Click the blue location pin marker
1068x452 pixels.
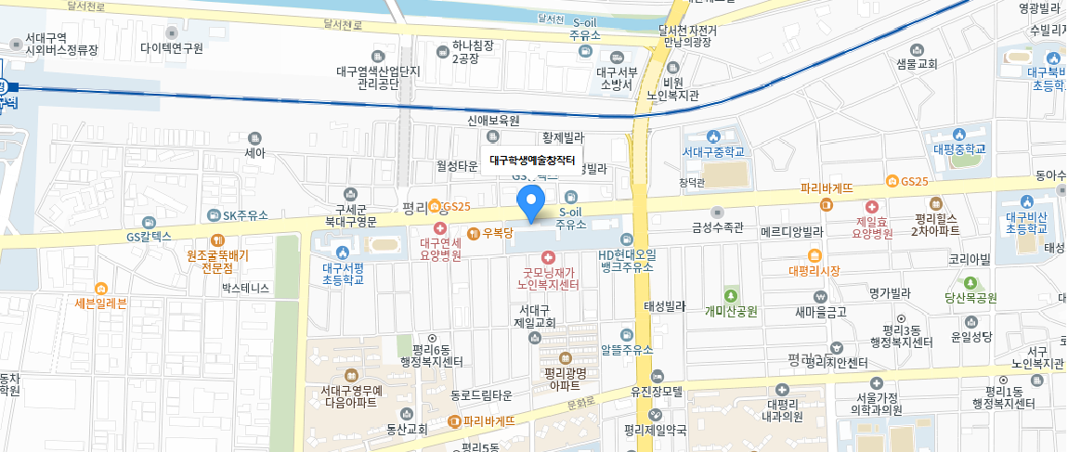(x=530, y=201)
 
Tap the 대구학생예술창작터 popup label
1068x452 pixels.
(x=532, y=160)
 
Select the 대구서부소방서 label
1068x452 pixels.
(x=616, y=77)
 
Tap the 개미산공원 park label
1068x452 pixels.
(x=733, y=311)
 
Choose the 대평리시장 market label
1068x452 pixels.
(x=814, y=271)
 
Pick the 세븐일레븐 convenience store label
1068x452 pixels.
(x=100, y=303)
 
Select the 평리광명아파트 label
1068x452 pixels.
(x=564, y=378)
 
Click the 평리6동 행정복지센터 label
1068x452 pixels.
(x=431, y=355)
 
